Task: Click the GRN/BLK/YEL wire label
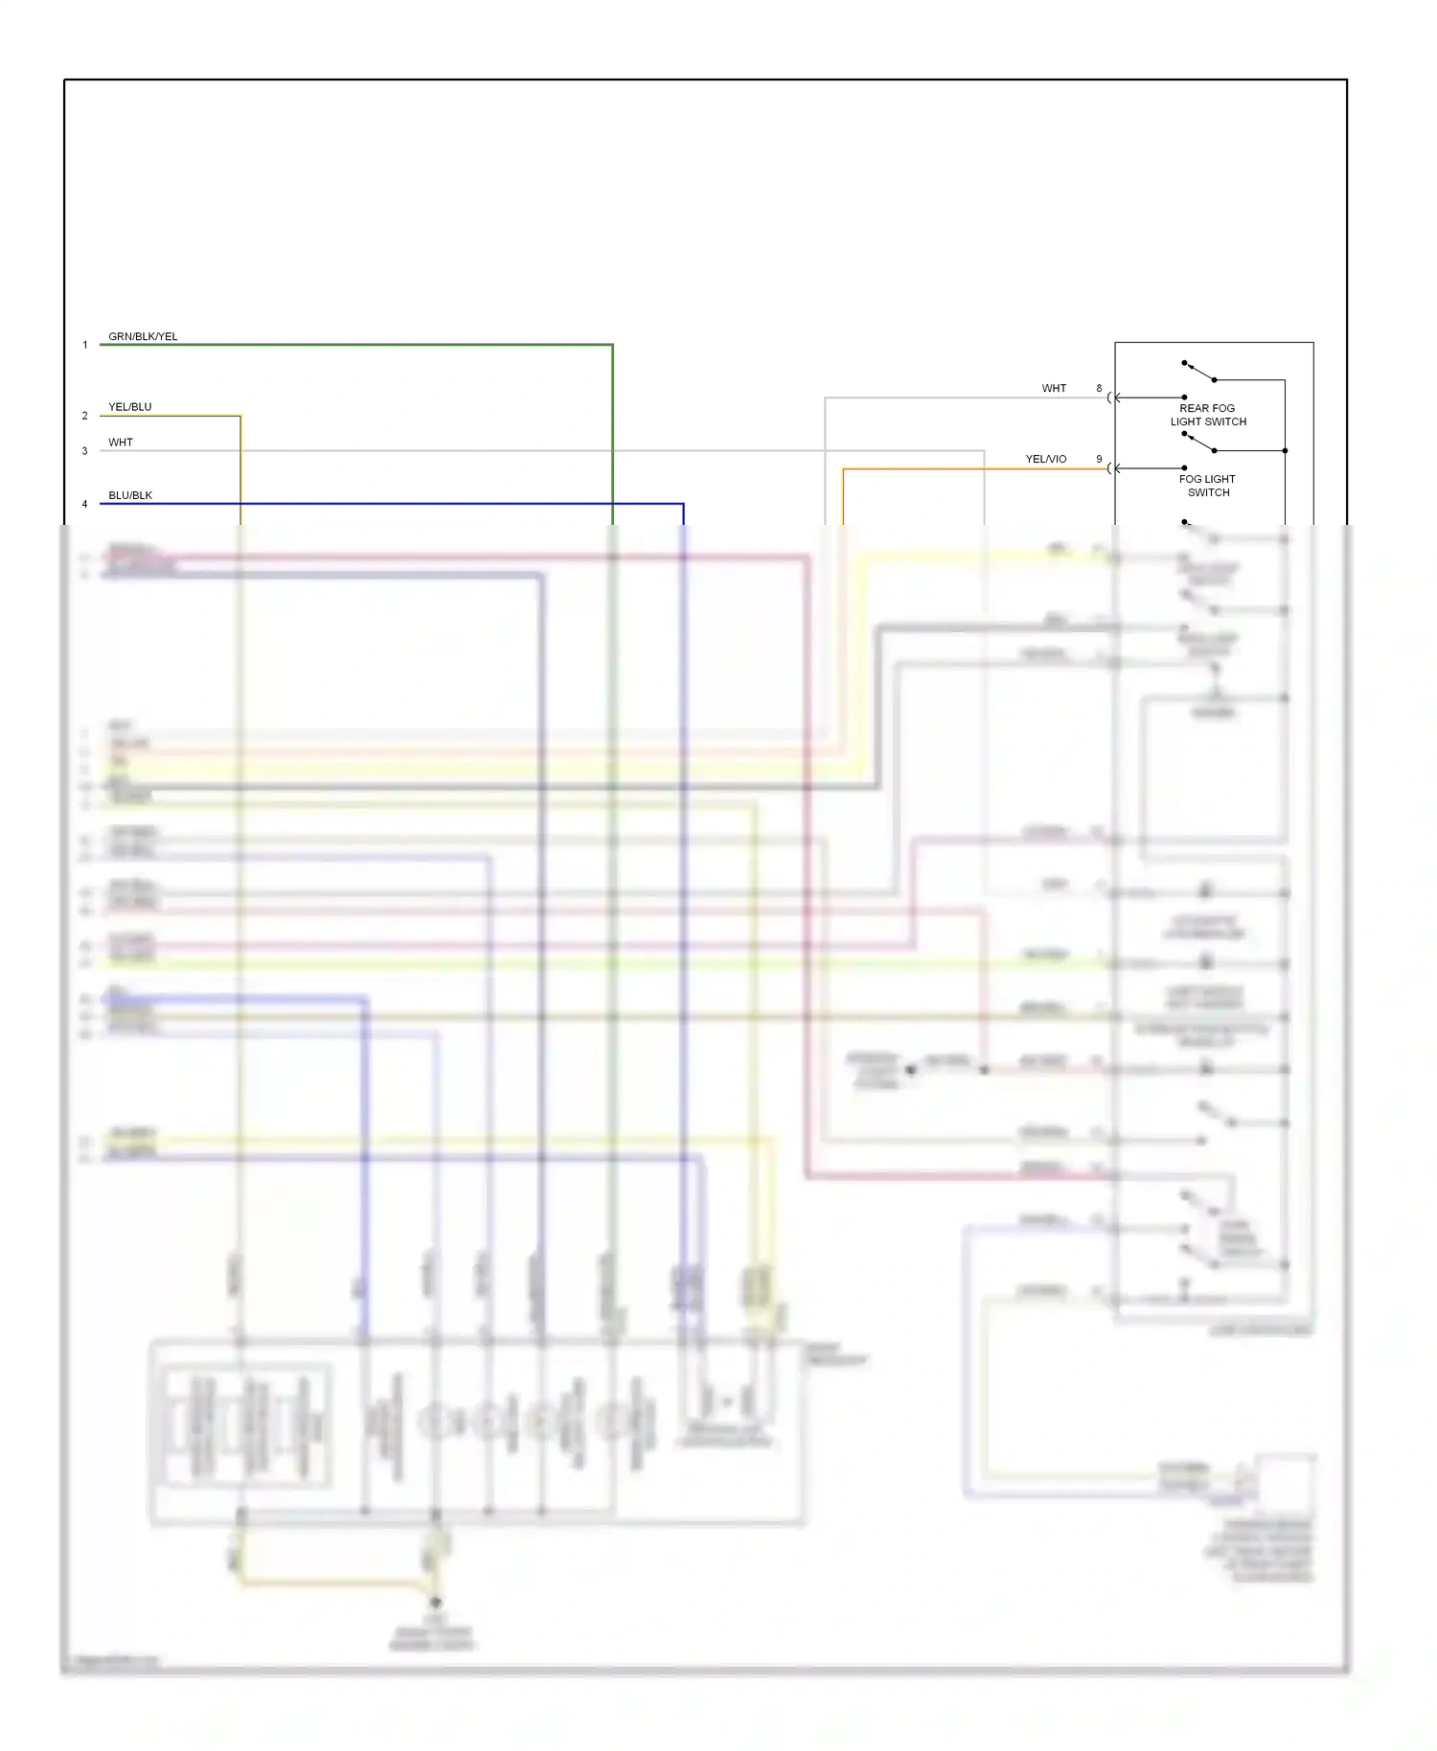tap(143, 336)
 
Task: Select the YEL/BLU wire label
tap(129, 407)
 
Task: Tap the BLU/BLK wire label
tap(130, 495)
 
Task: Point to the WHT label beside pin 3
tap(121, 443)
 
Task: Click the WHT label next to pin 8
tap(1054, 388)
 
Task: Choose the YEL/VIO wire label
tap(1045, 459)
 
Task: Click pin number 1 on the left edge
tap(84, 345)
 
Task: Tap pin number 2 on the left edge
tap(84, 416)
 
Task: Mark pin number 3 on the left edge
tap(84, 451)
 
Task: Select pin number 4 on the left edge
tap(84, 504)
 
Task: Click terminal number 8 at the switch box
tap(1099, 388)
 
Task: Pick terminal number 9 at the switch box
tap(1099, 459)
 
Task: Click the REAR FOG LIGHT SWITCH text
tap(1207, 415)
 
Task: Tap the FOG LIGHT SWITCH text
tap(1207, 486)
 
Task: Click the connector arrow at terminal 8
tap(1114, 398)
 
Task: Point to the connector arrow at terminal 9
tap(1114, 468)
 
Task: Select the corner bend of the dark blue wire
tap(683, 504)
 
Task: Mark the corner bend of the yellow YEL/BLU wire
tap(240, 416)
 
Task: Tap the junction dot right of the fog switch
tap(1285, 450)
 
